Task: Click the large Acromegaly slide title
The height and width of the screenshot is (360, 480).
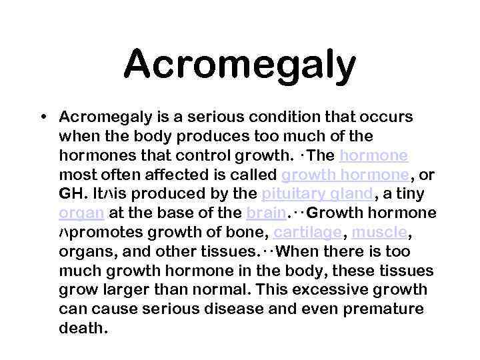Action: point(239,65)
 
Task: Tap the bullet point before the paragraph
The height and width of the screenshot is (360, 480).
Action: point(43,117)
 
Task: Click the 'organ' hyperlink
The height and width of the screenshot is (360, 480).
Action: point(81,214)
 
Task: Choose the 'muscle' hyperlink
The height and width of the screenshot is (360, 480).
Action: point(379,233)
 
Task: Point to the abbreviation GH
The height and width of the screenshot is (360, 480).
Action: point(69,195)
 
